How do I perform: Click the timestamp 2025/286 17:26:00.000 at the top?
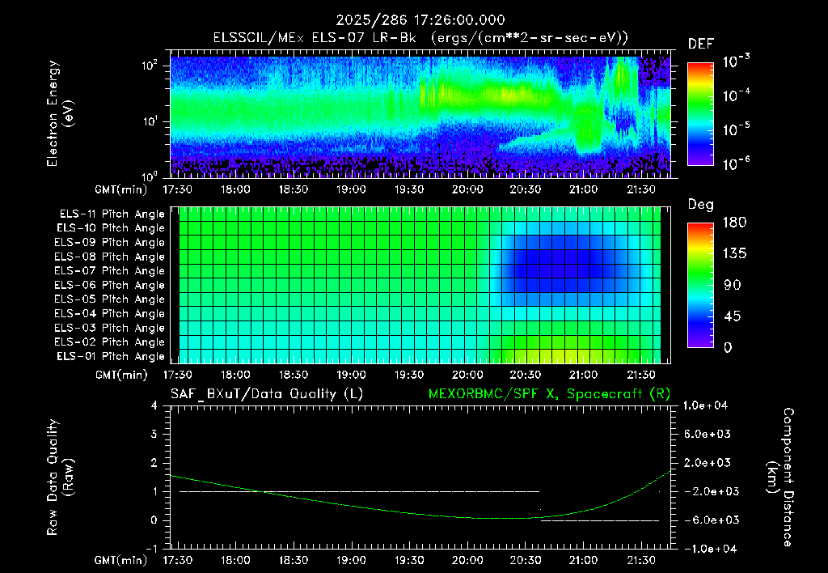pos(420,20)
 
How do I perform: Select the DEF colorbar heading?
pos(701,44)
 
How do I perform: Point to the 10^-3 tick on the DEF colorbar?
pos(736,62)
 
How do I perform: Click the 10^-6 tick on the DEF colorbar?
pos(736,163)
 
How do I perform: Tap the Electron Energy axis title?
pos(60,113)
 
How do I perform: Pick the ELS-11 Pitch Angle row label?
pos(112,214)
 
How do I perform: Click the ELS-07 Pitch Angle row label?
pos(110,270)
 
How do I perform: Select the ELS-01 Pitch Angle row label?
pos(111,356)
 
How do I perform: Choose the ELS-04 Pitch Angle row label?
pos(110,313)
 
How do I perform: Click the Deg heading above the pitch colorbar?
pos(701,205)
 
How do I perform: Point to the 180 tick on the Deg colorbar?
pos(734,222)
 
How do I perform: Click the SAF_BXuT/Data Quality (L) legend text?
pos(267,394)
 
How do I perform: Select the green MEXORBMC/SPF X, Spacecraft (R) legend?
pos(549,394)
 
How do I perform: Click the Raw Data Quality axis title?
pos(60,477)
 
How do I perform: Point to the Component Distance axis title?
pos(780,477)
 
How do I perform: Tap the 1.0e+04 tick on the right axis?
pos(705,405)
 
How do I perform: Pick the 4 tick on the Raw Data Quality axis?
pos(154,405)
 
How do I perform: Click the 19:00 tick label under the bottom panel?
pos(351,560)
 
